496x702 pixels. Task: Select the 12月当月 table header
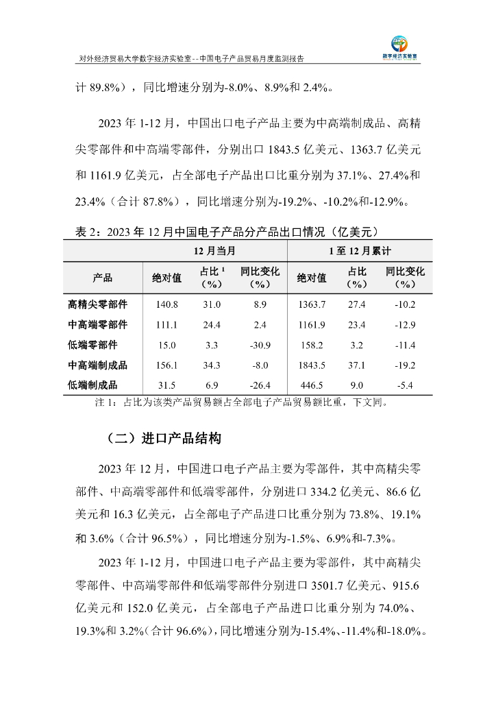[216, 251]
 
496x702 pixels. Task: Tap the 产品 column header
[103, 278]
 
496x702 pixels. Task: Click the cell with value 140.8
[167, 304]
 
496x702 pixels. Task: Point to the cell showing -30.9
[260, 345]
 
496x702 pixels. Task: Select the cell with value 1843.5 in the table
[312, 365]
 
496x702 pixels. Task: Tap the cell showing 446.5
[312, 385]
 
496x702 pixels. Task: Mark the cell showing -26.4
[260, 385]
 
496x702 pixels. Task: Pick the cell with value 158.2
[312, 345]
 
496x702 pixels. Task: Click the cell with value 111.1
[167, 324]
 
